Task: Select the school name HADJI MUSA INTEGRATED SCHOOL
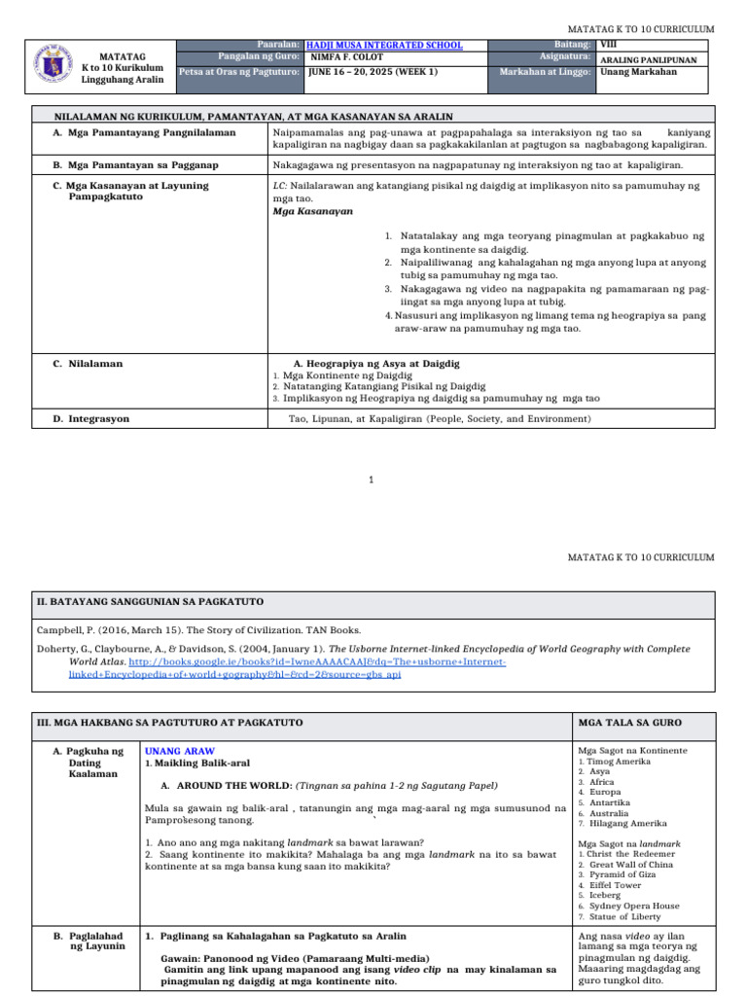(x=384, y=45)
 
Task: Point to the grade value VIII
(x=608, y=45)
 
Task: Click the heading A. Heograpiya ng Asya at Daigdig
(x=376, y=363)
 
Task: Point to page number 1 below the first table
(x=373, y=479)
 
